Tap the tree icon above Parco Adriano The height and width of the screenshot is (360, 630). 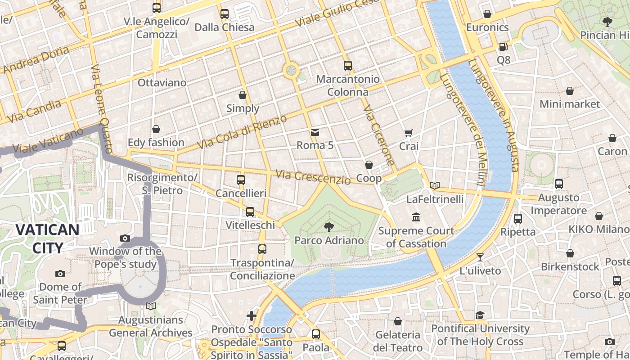click(329, 227)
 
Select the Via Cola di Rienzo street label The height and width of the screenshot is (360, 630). click(242, 133)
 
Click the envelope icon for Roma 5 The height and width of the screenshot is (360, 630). click(315, 132)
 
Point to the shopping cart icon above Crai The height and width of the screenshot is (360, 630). click(408, 133)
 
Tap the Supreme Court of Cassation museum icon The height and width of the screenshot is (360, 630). click(416, 217)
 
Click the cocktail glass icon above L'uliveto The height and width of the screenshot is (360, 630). click(480, 257)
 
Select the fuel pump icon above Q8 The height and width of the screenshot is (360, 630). click(503, 46)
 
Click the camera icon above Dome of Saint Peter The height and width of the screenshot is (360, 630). click(60, 274)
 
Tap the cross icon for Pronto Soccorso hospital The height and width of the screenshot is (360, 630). click(252, 316)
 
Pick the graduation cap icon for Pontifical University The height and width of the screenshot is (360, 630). click(480, 315)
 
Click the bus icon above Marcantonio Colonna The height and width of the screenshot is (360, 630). click(347, 66)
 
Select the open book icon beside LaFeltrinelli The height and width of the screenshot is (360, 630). click(434, 185)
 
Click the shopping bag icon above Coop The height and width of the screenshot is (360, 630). click(369, 165)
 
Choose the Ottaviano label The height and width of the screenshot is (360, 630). click(162, 83)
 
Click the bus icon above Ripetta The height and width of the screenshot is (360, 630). click(518, 219)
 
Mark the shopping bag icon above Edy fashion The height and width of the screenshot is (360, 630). click(156, 130)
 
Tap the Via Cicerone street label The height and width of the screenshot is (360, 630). click(379, 135)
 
